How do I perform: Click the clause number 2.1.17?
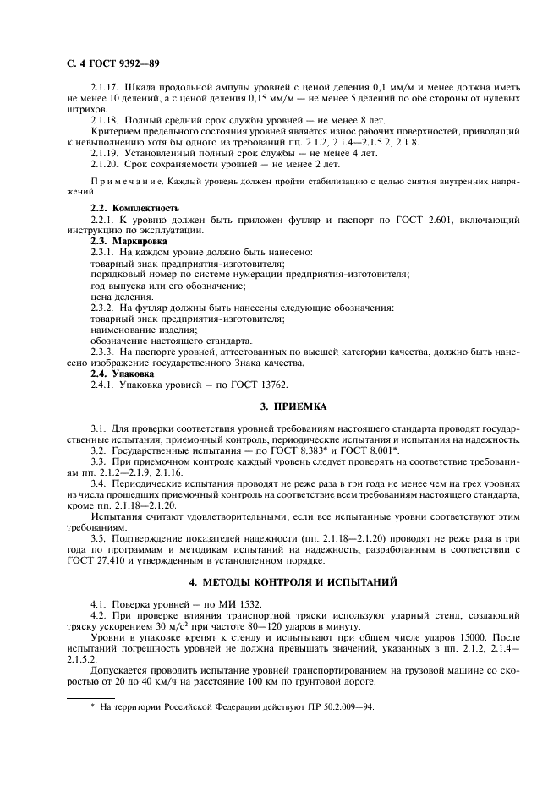click(104, 88)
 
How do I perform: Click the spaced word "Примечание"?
click(120, 182)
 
